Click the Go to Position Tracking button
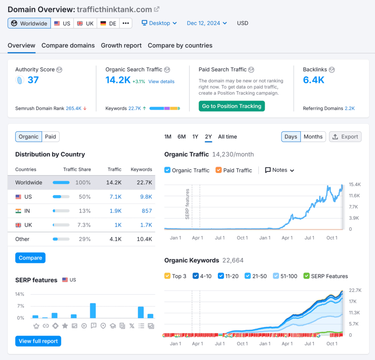pos(232,106)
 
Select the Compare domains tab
pos(68,45)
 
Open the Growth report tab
pos(121,45)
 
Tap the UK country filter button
pos(85,23)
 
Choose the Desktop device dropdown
pos(159,23)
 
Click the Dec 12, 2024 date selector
pos(207,23)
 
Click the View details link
pos(161,82)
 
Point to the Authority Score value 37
pos(33,80)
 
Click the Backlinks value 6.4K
pos(314,80)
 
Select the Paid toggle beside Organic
pos(50,137)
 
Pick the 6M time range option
pos(182,137)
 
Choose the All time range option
pos(227,137)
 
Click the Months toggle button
pos(313,137)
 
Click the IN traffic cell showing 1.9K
pos(115,211)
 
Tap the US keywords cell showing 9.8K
pos(146,197)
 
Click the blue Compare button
pos(30,258)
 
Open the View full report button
pos(38,341)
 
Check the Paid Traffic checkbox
pos(218,170)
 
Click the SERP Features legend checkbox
pos(307,276)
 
